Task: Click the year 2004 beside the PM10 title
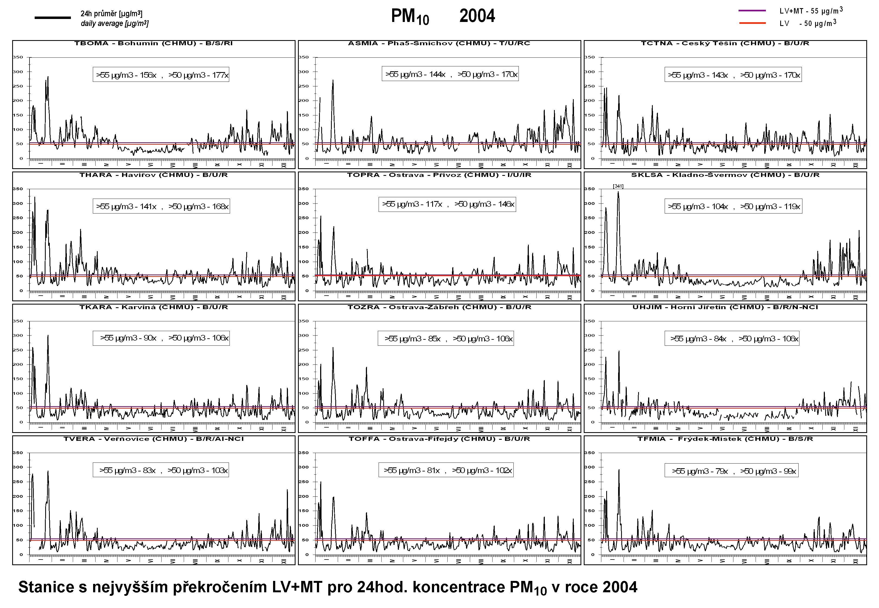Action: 477,16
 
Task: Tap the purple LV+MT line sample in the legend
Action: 752,11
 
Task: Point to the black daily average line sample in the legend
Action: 53,18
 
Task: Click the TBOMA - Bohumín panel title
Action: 153,43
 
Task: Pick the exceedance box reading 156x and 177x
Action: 161,75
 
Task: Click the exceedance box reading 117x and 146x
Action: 447,204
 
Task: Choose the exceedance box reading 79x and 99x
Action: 731,471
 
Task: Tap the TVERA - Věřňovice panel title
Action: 153,439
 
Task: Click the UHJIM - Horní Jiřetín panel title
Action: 725,307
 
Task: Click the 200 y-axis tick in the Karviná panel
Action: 18,364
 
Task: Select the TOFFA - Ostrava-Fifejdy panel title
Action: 439,439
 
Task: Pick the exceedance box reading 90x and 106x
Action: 161,338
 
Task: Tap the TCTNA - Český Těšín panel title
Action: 725,43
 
